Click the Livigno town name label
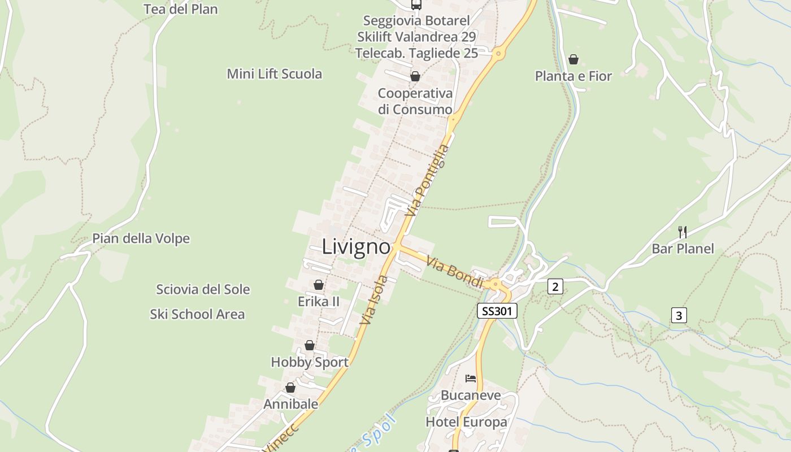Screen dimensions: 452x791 (x=356, y=247)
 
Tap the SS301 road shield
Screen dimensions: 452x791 (x=497, y=311)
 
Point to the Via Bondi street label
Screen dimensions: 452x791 (x=455, y=272)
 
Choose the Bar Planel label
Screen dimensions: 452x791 (x=683, y=249)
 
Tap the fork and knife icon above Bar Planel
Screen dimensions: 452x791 (x=683, y=231)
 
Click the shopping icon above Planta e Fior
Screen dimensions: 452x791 (x=573, y=59)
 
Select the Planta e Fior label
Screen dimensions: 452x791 (x=573, y=76)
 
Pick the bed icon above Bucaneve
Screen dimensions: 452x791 (x=471, y=378)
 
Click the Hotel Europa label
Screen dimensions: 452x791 (x=466, y=422)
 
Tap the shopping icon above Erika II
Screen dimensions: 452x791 (x=319, y=285)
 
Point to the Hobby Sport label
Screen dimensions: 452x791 (x=310, y=362)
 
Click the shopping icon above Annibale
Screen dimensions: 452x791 (x=290, y=388)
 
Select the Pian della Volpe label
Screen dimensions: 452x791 (x=141, y=238)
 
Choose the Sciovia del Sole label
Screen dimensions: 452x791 (x=203, y=289)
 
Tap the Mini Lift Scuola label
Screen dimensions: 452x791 (x=275, y=73)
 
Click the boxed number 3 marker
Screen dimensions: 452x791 (x=679, y=315)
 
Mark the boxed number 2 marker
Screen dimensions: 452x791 (x=555, y=287)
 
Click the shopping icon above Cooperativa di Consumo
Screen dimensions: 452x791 (x=415, y=76)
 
